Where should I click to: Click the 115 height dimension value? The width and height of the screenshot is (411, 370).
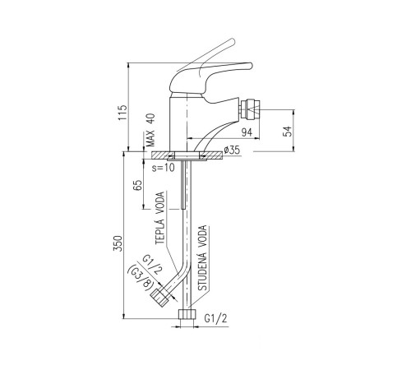(122, 113)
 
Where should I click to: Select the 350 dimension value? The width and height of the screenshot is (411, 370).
(118, 243)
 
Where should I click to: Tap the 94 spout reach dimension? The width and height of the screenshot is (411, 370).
(247, 132)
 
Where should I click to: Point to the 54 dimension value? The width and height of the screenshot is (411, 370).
(288, 132)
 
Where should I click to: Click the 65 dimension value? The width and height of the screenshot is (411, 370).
(137, 185)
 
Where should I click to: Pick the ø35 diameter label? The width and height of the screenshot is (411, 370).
(232, 150)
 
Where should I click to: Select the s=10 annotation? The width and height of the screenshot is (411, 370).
(164, 168)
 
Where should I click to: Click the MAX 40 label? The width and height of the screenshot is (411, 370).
(150, 130)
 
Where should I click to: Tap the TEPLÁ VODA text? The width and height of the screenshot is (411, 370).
(159, 218)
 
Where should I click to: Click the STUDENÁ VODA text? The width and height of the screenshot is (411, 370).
(202, 257)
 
